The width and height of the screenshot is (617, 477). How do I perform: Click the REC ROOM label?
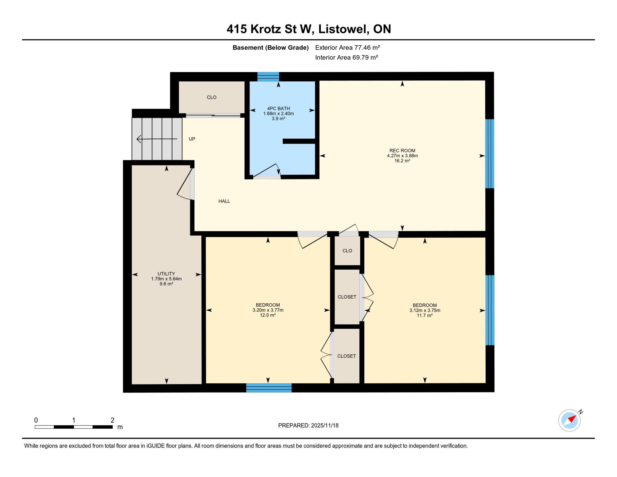tap(402, 151)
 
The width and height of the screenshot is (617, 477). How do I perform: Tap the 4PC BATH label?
tap(278, 108)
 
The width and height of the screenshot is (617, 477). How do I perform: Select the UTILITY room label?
tap(166, 274)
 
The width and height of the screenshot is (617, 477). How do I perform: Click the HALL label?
tap(224, 201)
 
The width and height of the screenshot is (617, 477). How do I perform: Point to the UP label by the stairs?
tap(192, 139)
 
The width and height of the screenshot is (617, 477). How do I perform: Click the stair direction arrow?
tap(157, 139)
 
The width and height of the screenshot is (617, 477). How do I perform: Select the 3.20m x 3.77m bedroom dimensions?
tap(268, 310)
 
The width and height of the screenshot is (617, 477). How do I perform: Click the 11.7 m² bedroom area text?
tap(425, 315)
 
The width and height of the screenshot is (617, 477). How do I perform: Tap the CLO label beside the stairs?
tap(212, 97)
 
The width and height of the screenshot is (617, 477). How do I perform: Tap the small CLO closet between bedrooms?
tap(347, 251)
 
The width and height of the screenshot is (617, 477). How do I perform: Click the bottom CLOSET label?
tap(346, 356)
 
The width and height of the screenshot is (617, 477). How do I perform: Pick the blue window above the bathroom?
tap(268, 76)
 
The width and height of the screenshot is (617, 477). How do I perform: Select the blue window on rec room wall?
tap(489, 154)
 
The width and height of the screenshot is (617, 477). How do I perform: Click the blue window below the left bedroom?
tap(269, 388)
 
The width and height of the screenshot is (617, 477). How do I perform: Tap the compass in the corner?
tap(569, 420)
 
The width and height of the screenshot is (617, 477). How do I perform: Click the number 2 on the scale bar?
tap(112, 420)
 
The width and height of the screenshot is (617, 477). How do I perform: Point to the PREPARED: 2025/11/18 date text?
tap(308, 425)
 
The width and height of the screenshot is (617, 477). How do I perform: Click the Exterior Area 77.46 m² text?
tap(347, 48)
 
